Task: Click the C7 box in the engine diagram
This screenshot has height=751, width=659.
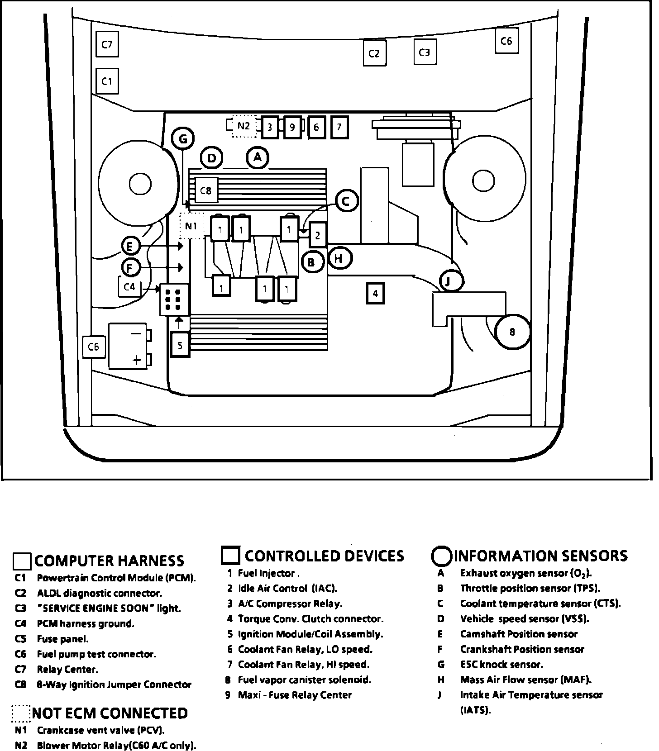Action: tap(107, 44)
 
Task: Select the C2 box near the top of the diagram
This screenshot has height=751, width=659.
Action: tap(374, 53)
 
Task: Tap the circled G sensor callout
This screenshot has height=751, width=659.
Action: tap(183, 138)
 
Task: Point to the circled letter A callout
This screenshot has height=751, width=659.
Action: tap(258, 157)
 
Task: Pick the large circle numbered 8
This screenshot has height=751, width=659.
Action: tap(512, 332)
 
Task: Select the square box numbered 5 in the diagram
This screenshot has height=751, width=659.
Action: tap(180, 345)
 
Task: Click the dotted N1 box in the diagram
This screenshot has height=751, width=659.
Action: tap(191, 225)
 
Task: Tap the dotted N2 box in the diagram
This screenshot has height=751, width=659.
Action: tap(244, 126)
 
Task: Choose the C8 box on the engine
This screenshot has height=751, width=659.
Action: tap(206, 190)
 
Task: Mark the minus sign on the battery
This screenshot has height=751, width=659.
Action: tap(136, 334)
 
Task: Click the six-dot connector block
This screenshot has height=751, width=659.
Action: tap(174, 299)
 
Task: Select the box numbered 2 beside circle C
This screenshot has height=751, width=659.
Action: tap(318, 234)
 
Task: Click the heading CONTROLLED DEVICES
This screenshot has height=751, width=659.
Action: tap(324, 556)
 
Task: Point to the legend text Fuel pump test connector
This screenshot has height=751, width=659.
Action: tap(96, 654)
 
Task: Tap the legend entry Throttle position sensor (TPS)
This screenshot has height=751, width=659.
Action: tap(530, 588)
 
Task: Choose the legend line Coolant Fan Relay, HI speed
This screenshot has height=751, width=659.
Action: tap(303, 664)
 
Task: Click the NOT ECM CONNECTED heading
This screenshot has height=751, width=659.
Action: tap(110, 713)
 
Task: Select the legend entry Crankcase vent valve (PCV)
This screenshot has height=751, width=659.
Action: tap(100, 730)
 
